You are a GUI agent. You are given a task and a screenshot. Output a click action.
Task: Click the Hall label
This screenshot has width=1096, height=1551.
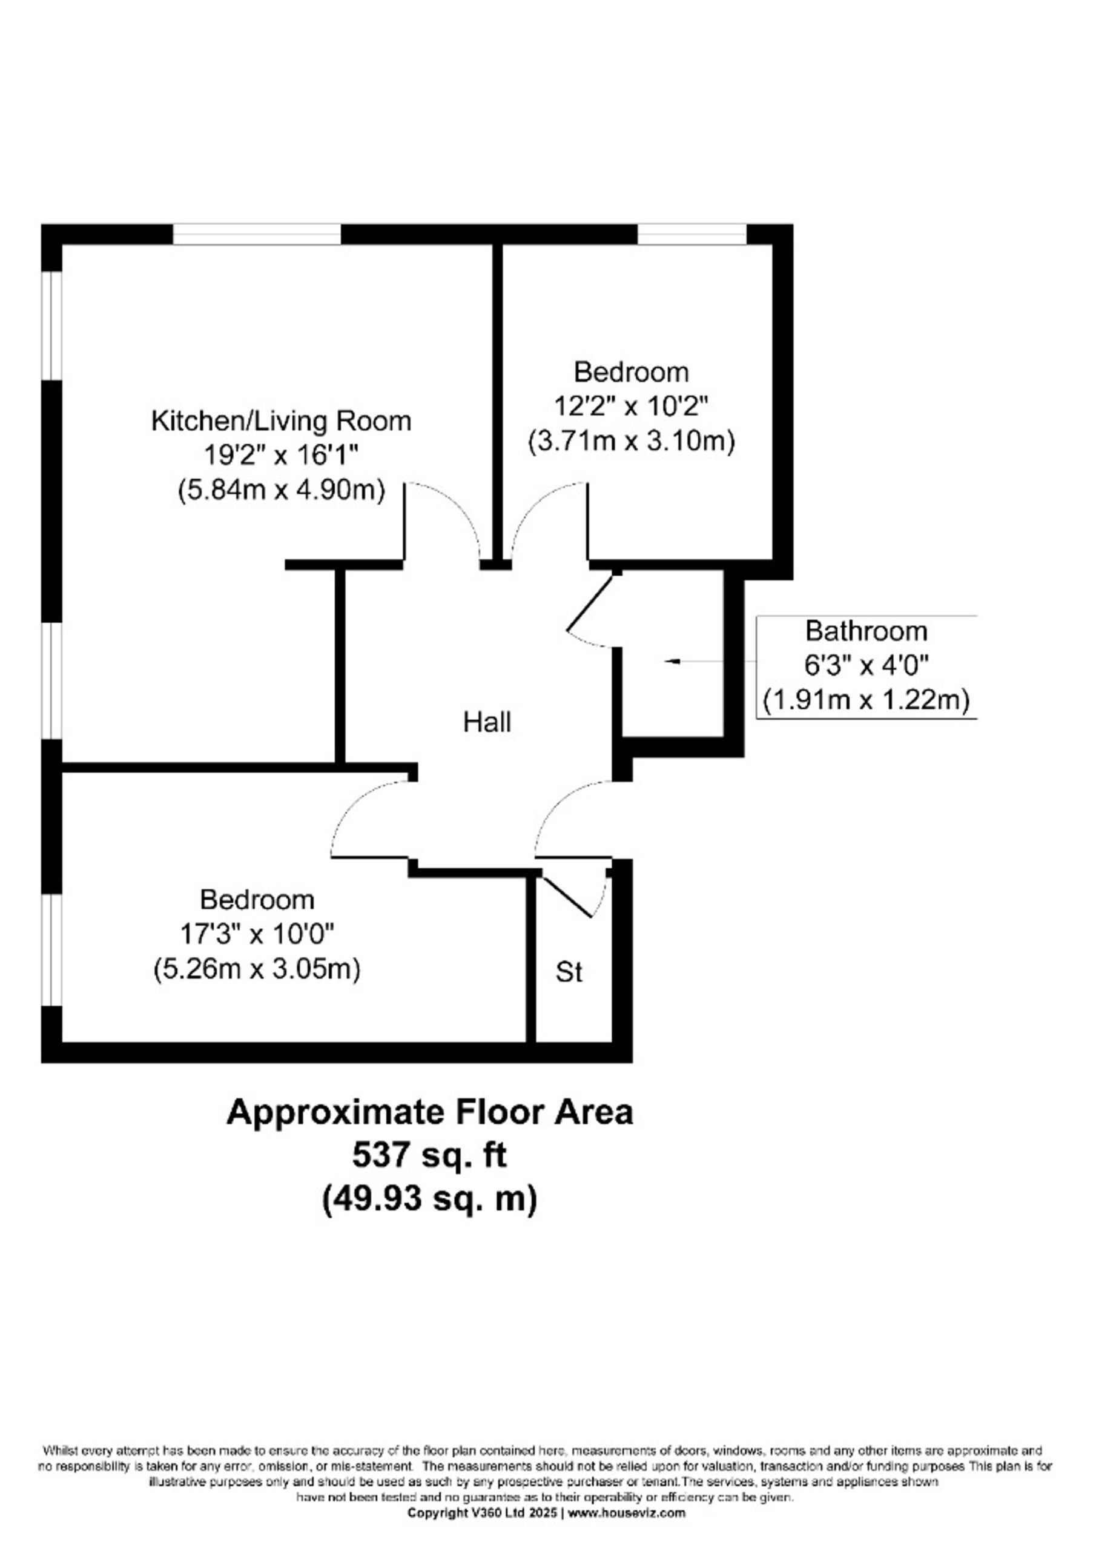487,722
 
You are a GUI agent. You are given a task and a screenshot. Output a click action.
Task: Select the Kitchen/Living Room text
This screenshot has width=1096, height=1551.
281,421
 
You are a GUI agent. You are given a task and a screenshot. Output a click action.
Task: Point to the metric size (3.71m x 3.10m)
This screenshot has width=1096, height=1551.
631,441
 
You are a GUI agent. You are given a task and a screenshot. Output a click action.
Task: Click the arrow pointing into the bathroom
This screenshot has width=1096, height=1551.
694,662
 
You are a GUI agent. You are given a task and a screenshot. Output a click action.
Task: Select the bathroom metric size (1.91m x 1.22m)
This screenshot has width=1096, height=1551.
867,700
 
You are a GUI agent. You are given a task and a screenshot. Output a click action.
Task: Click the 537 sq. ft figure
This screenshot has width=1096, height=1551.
429,1155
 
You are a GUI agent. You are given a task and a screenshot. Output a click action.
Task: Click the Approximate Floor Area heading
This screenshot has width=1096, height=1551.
429,1112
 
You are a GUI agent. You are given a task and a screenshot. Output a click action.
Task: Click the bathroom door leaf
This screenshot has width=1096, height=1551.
592,603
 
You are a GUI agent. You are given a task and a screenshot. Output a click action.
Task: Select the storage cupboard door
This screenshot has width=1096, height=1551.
567,897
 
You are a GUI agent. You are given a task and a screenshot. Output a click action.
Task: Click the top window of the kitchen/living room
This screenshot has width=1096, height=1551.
257,234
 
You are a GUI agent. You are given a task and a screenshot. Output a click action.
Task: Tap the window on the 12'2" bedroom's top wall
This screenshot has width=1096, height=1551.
692,234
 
